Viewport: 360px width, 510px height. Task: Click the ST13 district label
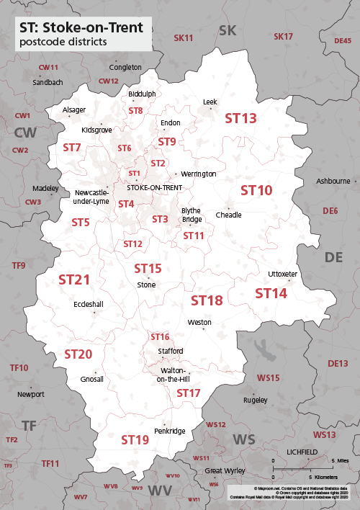click(241, 118)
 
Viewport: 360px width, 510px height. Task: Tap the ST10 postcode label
click(256, 190)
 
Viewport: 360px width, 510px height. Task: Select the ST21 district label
click(74, 279)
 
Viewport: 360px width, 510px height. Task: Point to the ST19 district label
click(135, 439)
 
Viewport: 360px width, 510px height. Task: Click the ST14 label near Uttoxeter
click(271, 293)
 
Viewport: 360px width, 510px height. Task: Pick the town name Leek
click(210, 102)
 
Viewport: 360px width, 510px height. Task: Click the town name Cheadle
click(229, 215)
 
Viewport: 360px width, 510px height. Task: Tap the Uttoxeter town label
click(282, 274)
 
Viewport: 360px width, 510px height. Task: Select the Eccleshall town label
click(89, 304)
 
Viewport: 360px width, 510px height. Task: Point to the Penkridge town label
click(170, 431)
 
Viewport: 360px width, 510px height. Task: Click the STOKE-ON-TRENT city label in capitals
click(154, 187)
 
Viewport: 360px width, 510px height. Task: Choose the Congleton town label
click(125, 67)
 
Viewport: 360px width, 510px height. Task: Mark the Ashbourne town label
click(333, 181)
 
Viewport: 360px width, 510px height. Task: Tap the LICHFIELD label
click(302, 451)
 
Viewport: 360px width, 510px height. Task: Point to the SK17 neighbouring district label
click(284, 36)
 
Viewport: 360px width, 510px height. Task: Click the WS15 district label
click(269, 377)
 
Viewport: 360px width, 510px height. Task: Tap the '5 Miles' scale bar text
click(339, 460)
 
